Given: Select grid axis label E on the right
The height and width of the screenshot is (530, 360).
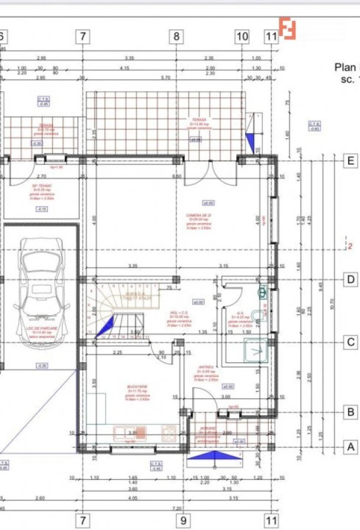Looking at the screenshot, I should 351,160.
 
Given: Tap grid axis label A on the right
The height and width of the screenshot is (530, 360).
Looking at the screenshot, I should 351,447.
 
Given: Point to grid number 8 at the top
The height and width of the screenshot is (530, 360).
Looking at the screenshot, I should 176,37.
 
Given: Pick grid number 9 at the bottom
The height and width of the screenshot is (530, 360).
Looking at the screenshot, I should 183,520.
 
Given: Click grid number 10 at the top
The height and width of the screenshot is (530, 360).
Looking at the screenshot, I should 242,37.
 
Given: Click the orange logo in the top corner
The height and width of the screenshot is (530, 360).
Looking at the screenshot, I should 287,28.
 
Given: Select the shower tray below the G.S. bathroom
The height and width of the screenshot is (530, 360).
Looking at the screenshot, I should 255,351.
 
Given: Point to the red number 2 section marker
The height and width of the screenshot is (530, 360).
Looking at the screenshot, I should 349,246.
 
